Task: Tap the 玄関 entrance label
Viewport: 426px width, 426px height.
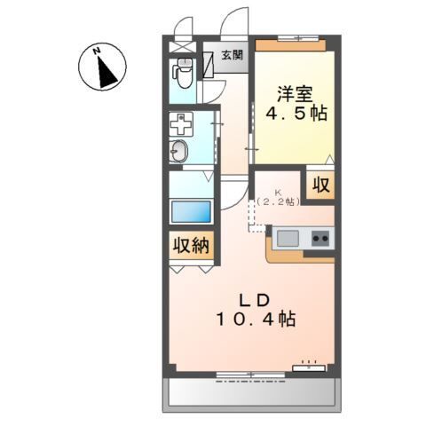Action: coord(232,56)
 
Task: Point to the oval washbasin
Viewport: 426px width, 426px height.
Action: coord(178,152)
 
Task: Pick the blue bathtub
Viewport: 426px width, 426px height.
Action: coord(191,214)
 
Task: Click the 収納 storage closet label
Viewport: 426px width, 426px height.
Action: coord(191,245)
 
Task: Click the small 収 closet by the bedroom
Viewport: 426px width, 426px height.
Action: coord(321,185)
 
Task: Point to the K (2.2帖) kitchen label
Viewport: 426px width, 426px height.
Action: coord(279,198)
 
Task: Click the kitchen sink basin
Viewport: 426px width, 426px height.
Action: coord(289,237)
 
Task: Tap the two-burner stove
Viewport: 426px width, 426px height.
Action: coord(319,237)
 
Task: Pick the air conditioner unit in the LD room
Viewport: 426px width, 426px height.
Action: coord(311,363)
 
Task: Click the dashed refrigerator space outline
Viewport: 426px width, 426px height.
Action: coord(257,222)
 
